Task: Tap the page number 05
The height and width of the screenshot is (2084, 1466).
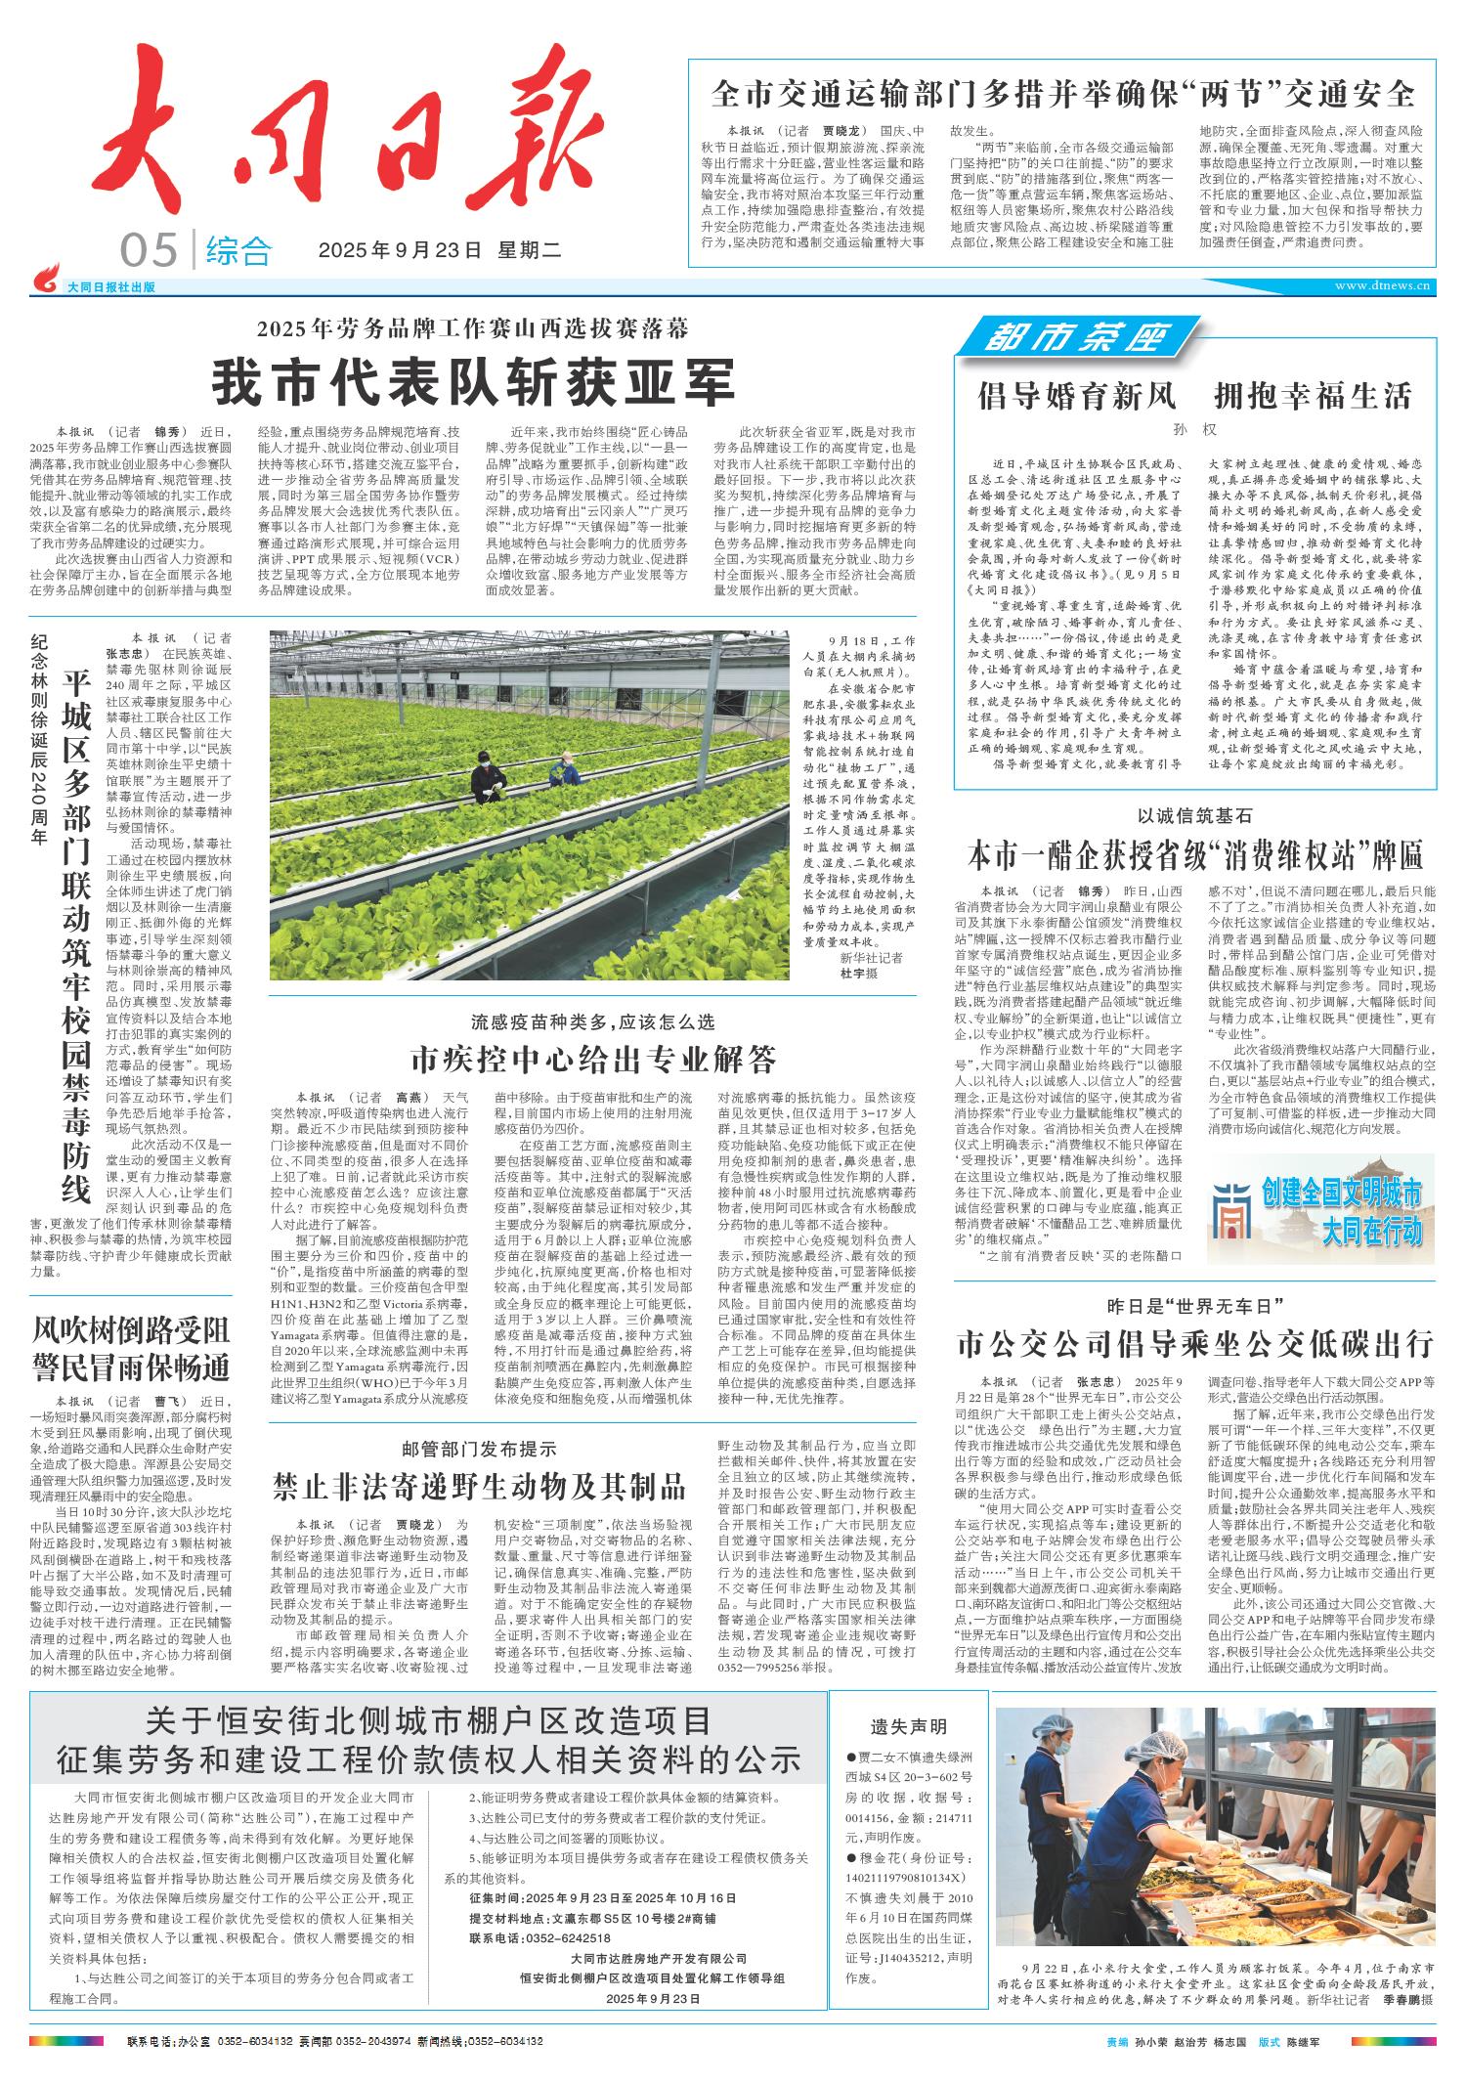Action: [x=149, y=252]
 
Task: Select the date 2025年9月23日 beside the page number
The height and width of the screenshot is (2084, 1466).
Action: [x=401, y=251]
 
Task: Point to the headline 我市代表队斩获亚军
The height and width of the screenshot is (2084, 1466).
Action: [x=473, y=382]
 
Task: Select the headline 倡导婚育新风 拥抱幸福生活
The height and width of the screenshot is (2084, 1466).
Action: [x=1194, y=396]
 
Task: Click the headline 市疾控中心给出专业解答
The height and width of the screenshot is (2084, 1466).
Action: [x=594, y=1057]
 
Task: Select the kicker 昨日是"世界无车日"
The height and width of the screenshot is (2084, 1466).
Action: [x=1194, y=1306]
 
